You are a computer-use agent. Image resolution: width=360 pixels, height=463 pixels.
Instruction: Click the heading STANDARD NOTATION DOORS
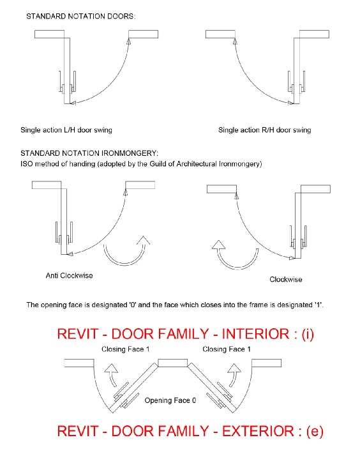tap(81, 16)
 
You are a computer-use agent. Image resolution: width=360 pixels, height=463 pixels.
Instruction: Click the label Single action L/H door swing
tap(66, 130)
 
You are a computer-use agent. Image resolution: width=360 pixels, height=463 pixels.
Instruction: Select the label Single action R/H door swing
tap(265, 130)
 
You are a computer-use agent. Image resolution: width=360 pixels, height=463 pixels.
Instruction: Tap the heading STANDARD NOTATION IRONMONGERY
tap(89, 153)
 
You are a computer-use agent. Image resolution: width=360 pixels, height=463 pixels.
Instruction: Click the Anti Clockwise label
tap(70, 275)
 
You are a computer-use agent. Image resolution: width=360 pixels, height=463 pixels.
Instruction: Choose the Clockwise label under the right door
tap(286, 279)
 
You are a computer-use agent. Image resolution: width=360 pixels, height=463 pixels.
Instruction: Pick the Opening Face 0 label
tap(170, 400)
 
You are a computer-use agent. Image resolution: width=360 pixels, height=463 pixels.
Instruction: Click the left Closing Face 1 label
tap(126, 349)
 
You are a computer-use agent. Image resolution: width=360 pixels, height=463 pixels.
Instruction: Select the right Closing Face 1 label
tap(227, 349)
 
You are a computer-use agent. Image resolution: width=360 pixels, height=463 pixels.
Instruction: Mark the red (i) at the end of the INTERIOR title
tap(308, 334)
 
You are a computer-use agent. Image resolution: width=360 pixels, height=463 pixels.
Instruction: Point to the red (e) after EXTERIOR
tap(315, 432)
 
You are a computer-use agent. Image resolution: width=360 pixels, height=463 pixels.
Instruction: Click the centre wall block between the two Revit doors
tap(172, 363)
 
